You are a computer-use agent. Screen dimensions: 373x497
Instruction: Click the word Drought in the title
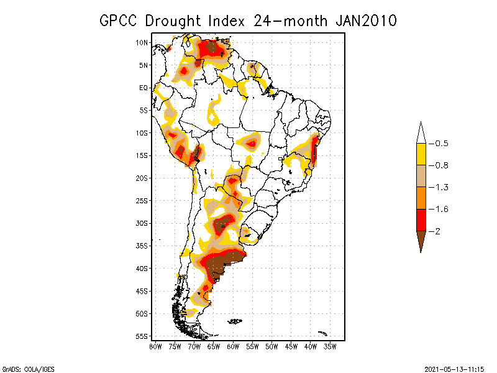[x=176, y=21]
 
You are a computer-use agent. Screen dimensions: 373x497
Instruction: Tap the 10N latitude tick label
[x=142, y=42]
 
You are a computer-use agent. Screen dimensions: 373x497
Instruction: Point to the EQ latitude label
[x=144, y=88]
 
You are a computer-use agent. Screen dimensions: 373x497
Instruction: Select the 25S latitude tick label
[x=142, y=200]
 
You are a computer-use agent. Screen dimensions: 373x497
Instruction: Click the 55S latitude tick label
[x=142, y=336]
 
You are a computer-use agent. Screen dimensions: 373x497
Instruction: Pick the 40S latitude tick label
[x=142, y=268]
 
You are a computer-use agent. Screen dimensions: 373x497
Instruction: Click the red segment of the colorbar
[x=421, y=220]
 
